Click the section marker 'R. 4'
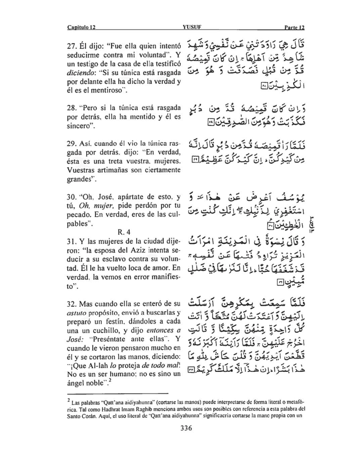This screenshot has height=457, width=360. (x=125, y=232)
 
